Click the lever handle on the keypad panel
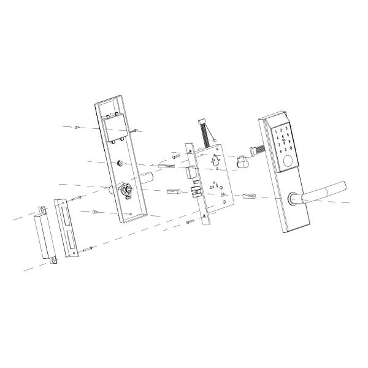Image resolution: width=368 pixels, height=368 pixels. tap(325, 190)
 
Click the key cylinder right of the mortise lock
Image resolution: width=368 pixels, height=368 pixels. tap(242, 163)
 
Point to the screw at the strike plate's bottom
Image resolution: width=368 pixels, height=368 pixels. tap(89, 248)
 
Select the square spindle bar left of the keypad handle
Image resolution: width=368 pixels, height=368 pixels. tap(250, 197)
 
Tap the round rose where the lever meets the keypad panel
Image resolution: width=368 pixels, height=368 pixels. tap(293, 198)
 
